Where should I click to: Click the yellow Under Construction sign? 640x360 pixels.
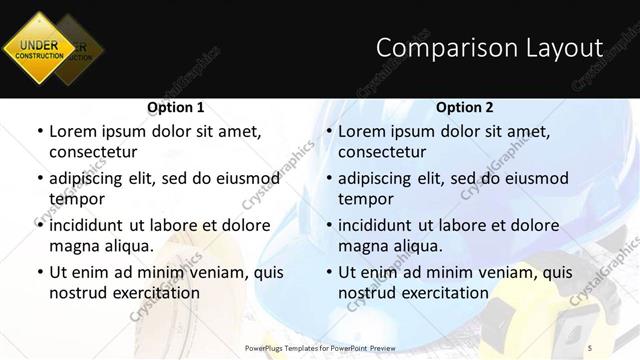(38, 48)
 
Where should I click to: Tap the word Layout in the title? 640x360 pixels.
(568, 48)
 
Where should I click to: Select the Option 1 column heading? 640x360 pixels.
(175, 107)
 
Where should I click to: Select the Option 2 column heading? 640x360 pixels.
(465, 107)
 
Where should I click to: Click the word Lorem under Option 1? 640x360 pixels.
(73, 131)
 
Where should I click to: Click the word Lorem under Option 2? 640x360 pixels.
(362, 131)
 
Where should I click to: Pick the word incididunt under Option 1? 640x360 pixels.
(92, 225)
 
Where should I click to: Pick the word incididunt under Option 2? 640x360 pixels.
(381, 225)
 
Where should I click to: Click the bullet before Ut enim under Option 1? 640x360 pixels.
(39, 272)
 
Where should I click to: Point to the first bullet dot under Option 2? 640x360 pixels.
(328, 131)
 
